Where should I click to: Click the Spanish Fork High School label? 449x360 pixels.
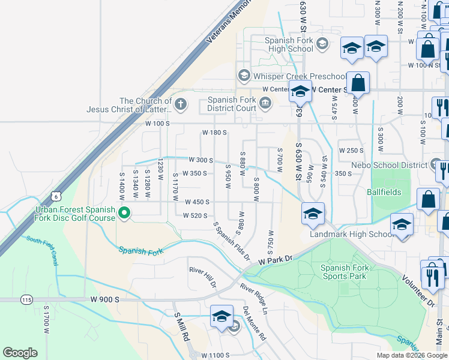coord(290,44)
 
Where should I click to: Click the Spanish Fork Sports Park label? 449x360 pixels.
coord(343,272)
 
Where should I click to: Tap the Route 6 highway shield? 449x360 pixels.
coord(56,196)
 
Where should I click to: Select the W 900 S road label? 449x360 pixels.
coord(106,299)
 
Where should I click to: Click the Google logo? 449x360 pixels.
coord(20,353)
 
